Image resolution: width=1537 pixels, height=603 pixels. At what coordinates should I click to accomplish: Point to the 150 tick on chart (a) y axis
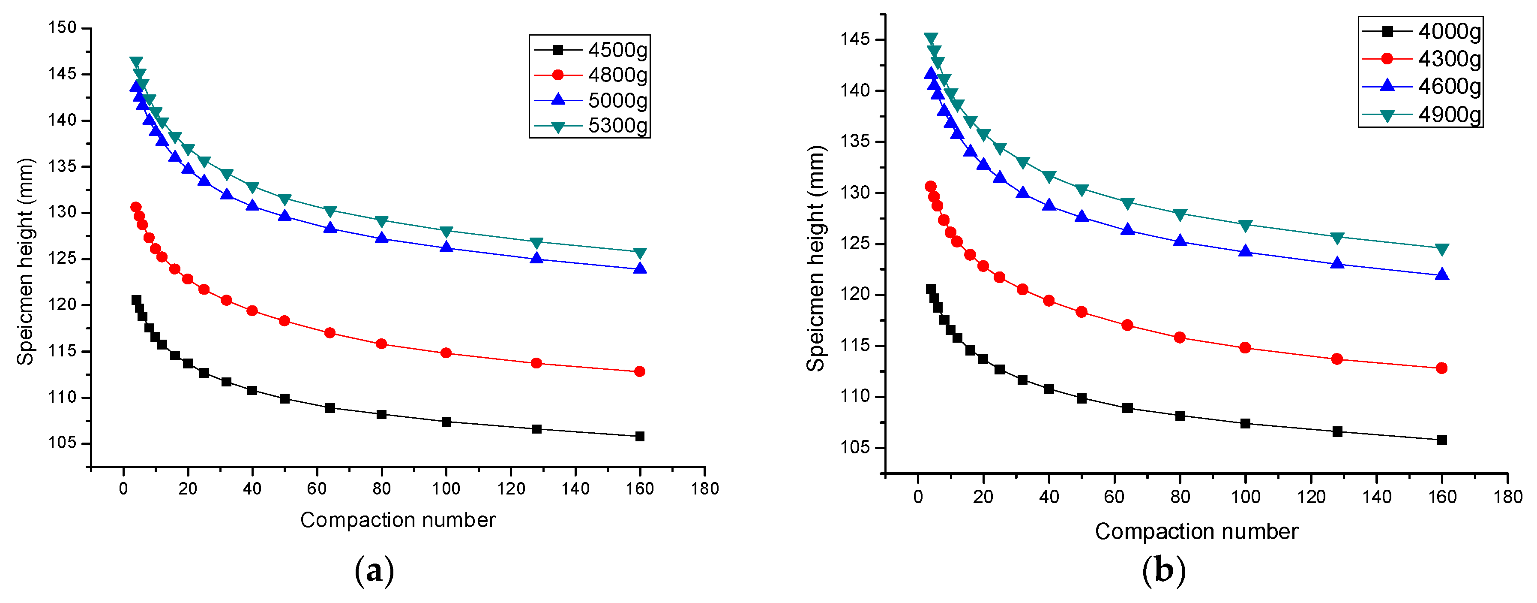click(x=62, y=27)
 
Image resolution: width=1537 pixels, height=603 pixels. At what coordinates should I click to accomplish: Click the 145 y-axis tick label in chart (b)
click(x=855, y=39)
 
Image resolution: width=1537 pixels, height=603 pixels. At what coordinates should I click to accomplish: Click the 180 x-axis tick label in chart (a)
click(x=705, y=489)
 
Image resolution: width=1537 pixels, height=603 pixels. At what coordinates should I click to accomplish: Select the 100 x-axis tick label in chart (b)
click(x=1245, y=497)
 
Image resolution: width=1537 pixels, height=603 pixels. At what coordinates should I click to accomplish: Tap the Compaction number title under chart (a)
click(x=397, y=520)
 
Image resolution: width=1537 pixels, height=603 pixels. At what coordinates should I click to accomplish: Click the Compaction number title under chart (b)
click(x=1196, y=531)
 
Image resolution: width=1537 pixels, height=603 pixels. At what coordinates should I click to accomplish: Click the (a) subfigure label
click(x=374, y=571)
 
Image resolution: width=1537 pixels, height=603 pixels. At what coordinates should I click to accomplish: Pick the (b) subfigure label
click(x=1163, y=571)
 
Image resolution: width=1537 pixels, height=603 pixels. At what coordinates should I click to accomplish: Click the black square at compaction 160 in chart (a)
click(x=640, y=437)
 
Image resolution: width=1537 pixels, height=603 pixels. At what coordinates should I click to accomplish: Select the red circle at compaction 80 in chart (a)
click(x=382, y=344)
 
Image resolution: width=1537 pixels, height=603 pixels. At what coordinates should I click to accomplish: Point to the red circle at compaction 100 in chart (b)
click(x=1245, y=347)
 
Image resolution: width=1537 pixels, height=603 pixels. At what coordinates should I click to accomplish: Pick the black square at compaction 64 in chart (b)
click(x=1127, y=408)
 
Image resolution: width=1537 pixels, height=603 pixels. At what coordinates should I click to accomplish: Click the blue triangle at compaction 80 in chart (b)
click(x=1180, y=241)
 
